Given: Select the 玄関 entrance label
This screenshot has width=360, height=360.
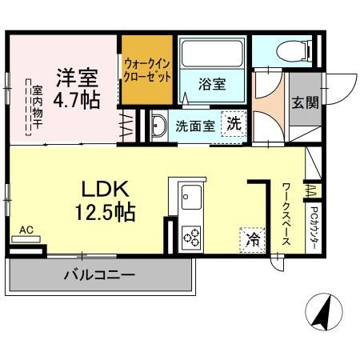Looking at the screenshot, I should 305,102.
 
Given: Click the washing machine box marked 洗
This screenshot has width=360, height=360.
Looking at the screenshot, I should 233,124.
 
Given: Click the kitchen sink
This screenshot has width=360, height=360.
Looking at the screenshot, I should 191,194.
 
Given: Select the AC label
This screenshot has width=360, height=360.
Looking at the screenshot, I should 26,230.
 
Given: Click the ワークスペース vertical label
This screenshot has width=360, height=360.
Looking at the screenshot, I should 286,214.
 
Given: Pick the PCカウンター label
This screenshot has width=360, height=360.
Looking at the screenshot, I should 314,230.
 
